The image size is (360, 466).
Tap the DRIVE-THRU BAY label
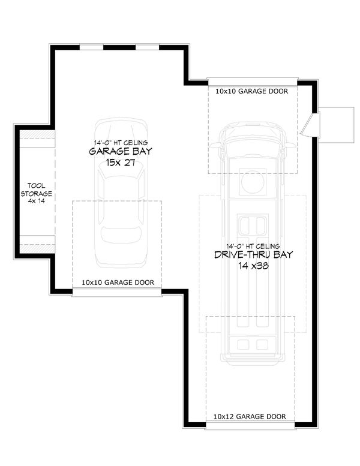click(x=254, y=255)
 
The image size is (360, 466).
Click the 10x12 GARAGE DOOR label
click(x=250, y=416)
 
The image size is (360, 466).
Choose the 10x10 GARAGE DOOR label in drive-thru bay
click(x=251, y=92)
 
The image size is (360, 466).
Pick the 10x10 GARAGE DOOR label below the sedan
click(x=118, y=282)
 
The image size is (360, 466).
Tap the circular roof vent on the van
click(x=253, y=181)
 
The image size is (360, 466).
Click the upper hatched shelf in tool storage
click(x=37, y=143)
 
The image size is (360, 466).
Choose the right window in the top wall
click(x=147, y=46)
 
